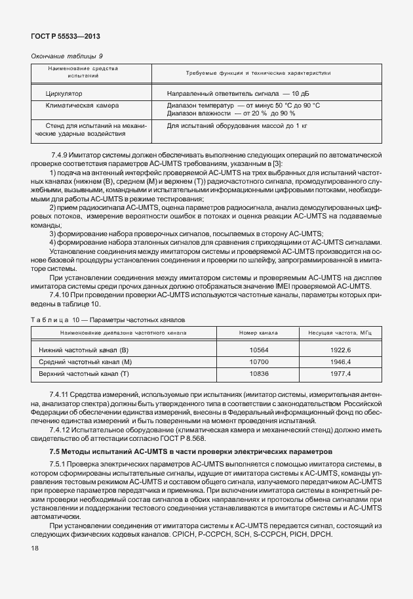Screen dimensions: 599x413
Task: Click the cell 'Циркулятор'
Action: click(64, 94)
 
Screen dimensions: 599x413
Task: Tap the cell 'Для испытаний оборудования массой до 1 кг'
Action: click(237, 125)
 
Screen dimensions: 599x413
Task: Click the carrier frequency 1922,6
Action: click(340, 351)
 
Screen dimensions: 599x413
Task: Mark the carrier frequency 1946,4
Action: click(340, 362)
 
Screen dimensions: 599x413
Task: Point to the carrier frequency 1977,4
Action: click(340, 373)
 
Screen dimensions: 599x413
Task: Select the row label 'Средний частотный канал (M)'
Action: click(85, 362)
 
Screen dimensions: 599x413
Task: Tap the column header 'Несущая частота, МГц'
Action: click(340, 333)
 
